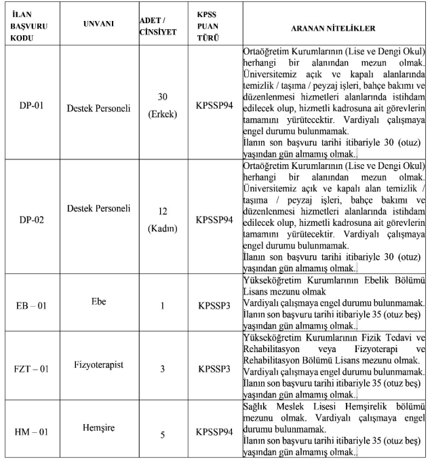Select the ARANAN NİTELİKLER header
coord(333,28)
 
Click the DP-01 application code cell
coord(32,107)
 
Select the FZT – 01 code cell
coord(32,370)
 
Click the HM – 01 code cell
coord(32,432)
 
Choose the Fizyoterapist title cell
coord(98,364)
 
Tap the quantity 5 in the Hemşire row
coord(162,435)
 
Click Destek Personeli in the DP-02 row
coord(98,207)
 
